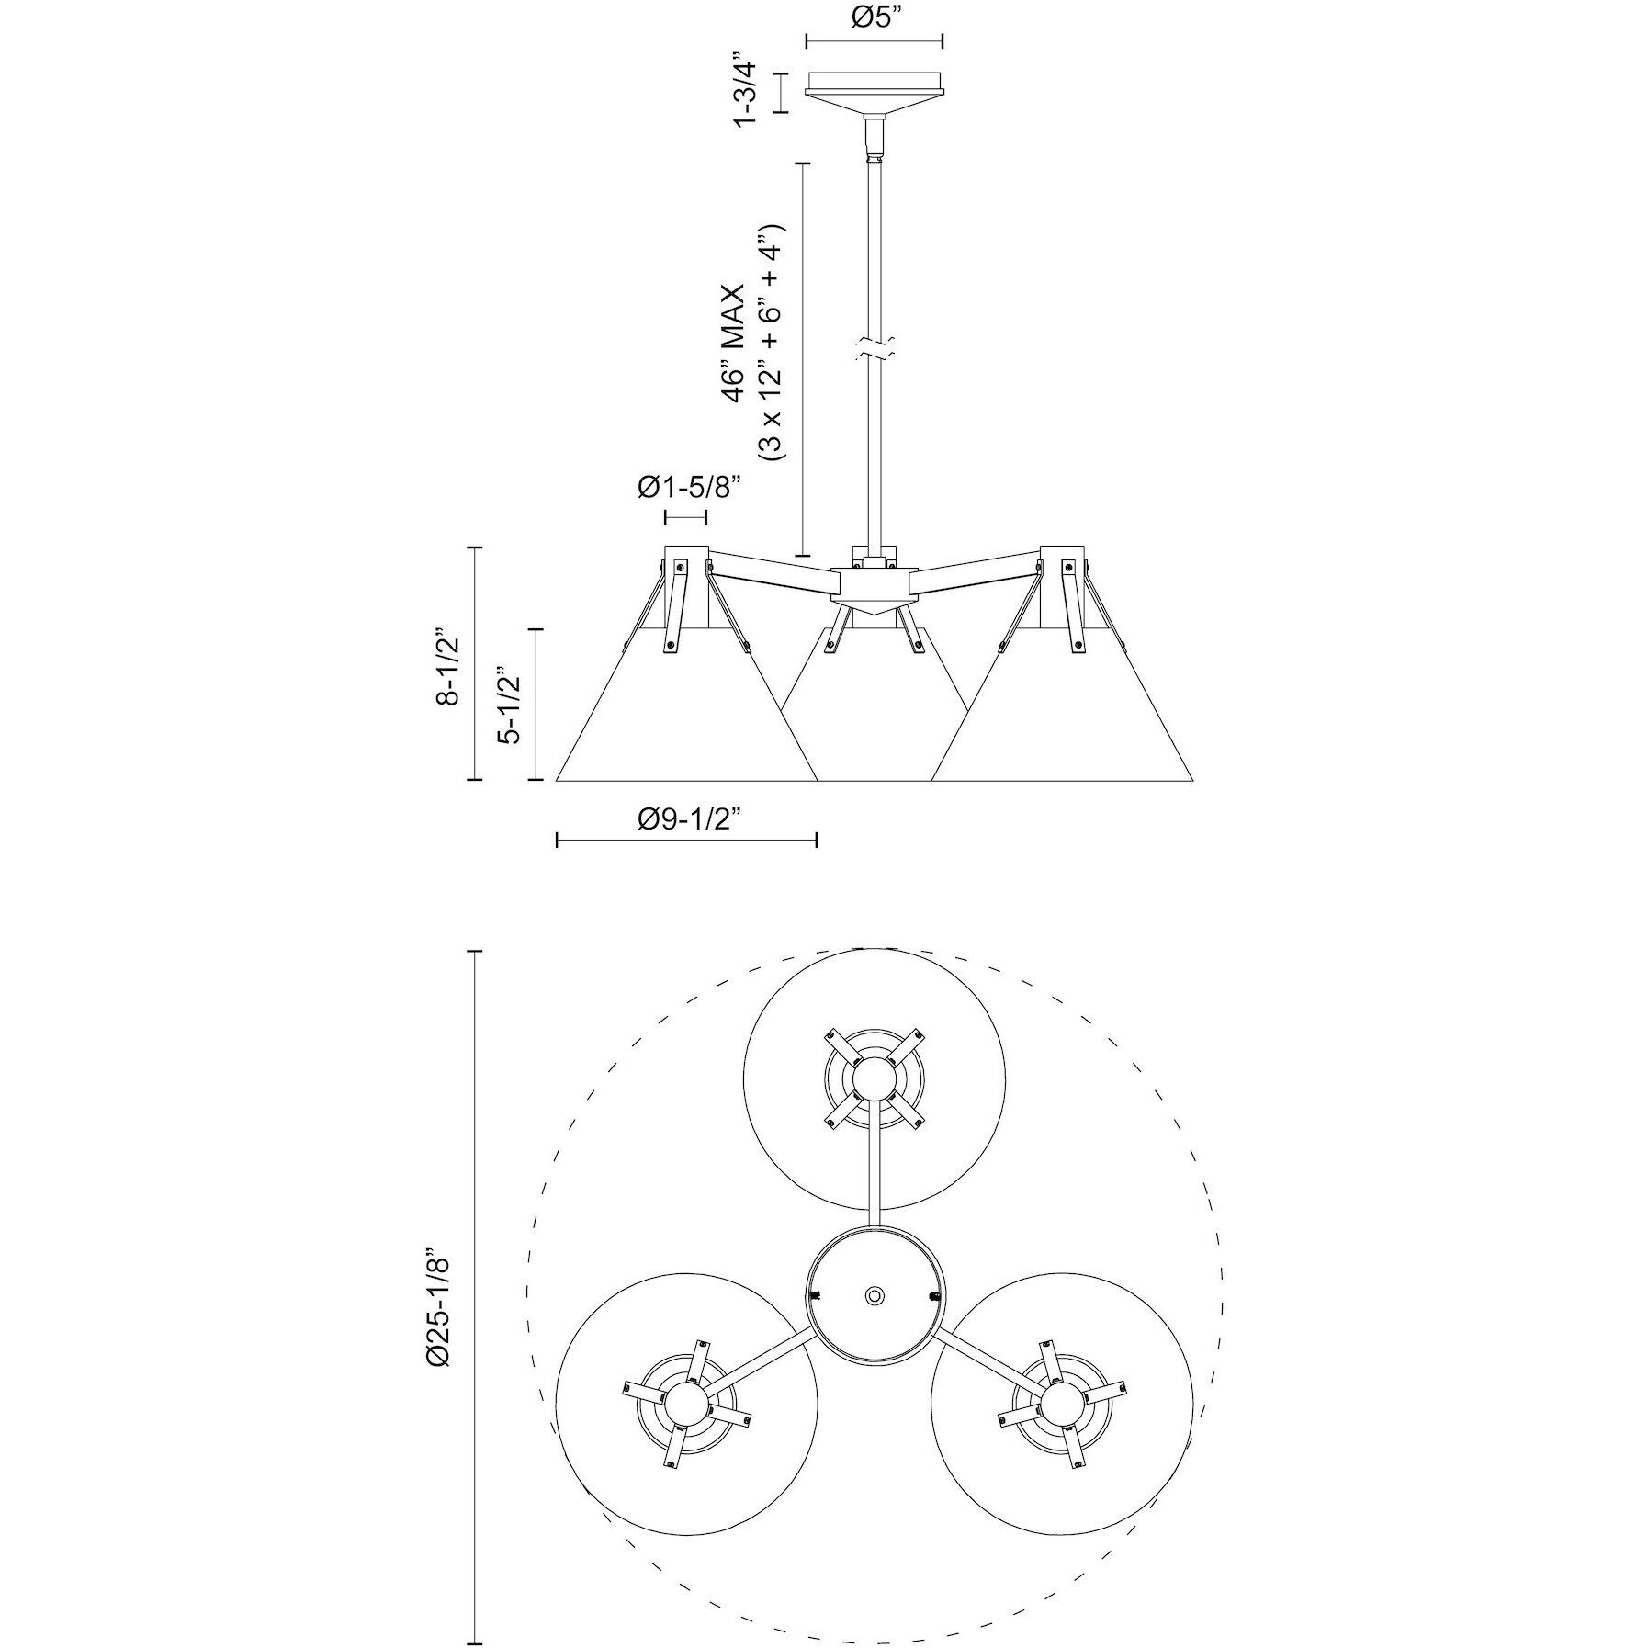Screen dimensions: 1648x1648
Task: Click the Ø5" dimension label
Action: click(874, 17)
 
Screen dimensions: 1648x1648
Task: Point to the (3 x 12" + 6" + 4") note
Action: click(769, 343)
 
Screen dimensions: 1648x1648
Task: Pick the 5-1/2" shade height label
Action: click(509, 705)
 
